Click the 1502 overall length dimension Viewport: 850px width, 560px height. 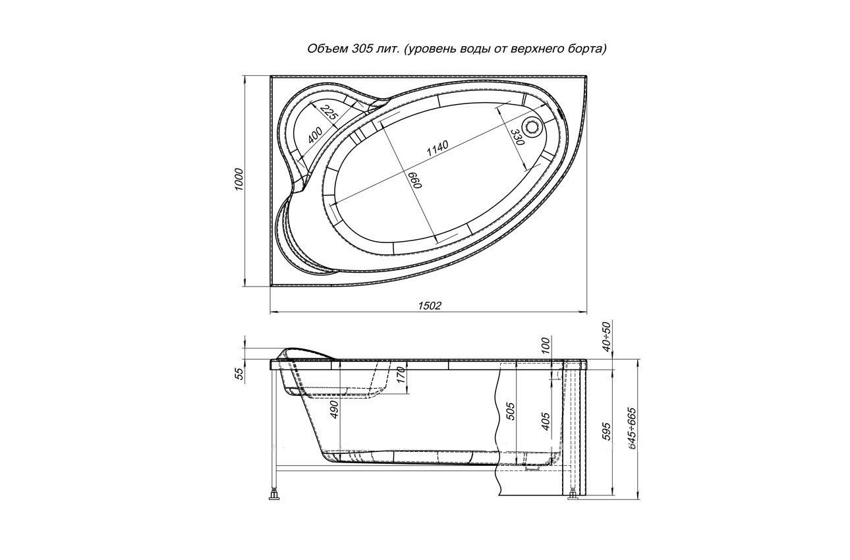(x=430, y=306)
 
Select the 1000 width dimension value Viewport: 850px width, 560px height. (x=239, y=179)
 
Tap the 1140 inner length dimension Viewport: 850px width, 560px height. (x=438, y=149)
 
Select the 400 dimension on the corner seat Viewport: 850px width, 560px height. (x=315, y=135)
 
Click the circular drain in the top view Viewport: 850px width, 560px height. (x=533, y=126)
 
